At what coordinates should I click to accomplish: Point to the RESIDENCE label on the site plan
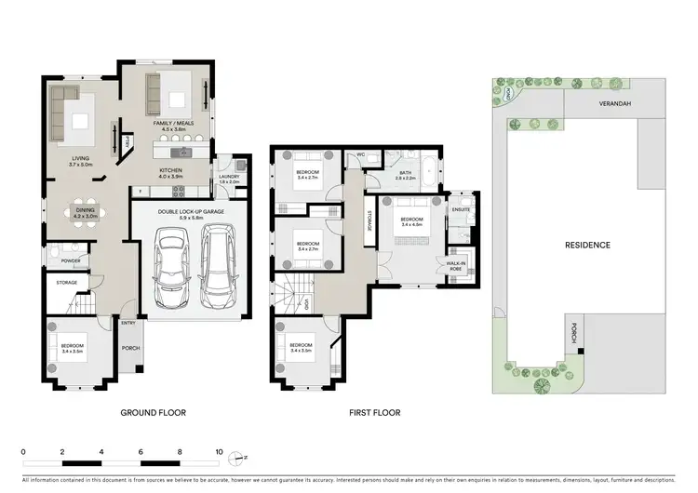pyautogui.click(x=587, y=246)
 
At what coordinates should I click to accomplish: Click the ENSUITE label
pyautogui.click(x=460, y=210)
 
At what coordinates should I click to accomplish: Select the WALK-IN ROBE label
pyautogui.click(x=457, y=265)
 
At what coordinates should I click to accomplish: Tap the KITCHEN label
pyautogui.click(x=170, y=170)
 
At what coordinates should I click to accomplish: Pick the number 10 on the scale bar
pyautogui.click(x=220, y=450)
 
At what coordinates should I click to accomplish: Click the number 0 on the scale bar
pyautogui.click(x=23, y=450)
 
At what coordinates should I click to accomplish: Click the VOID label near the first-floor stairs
pyautogui.click(x=306, y=304)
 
